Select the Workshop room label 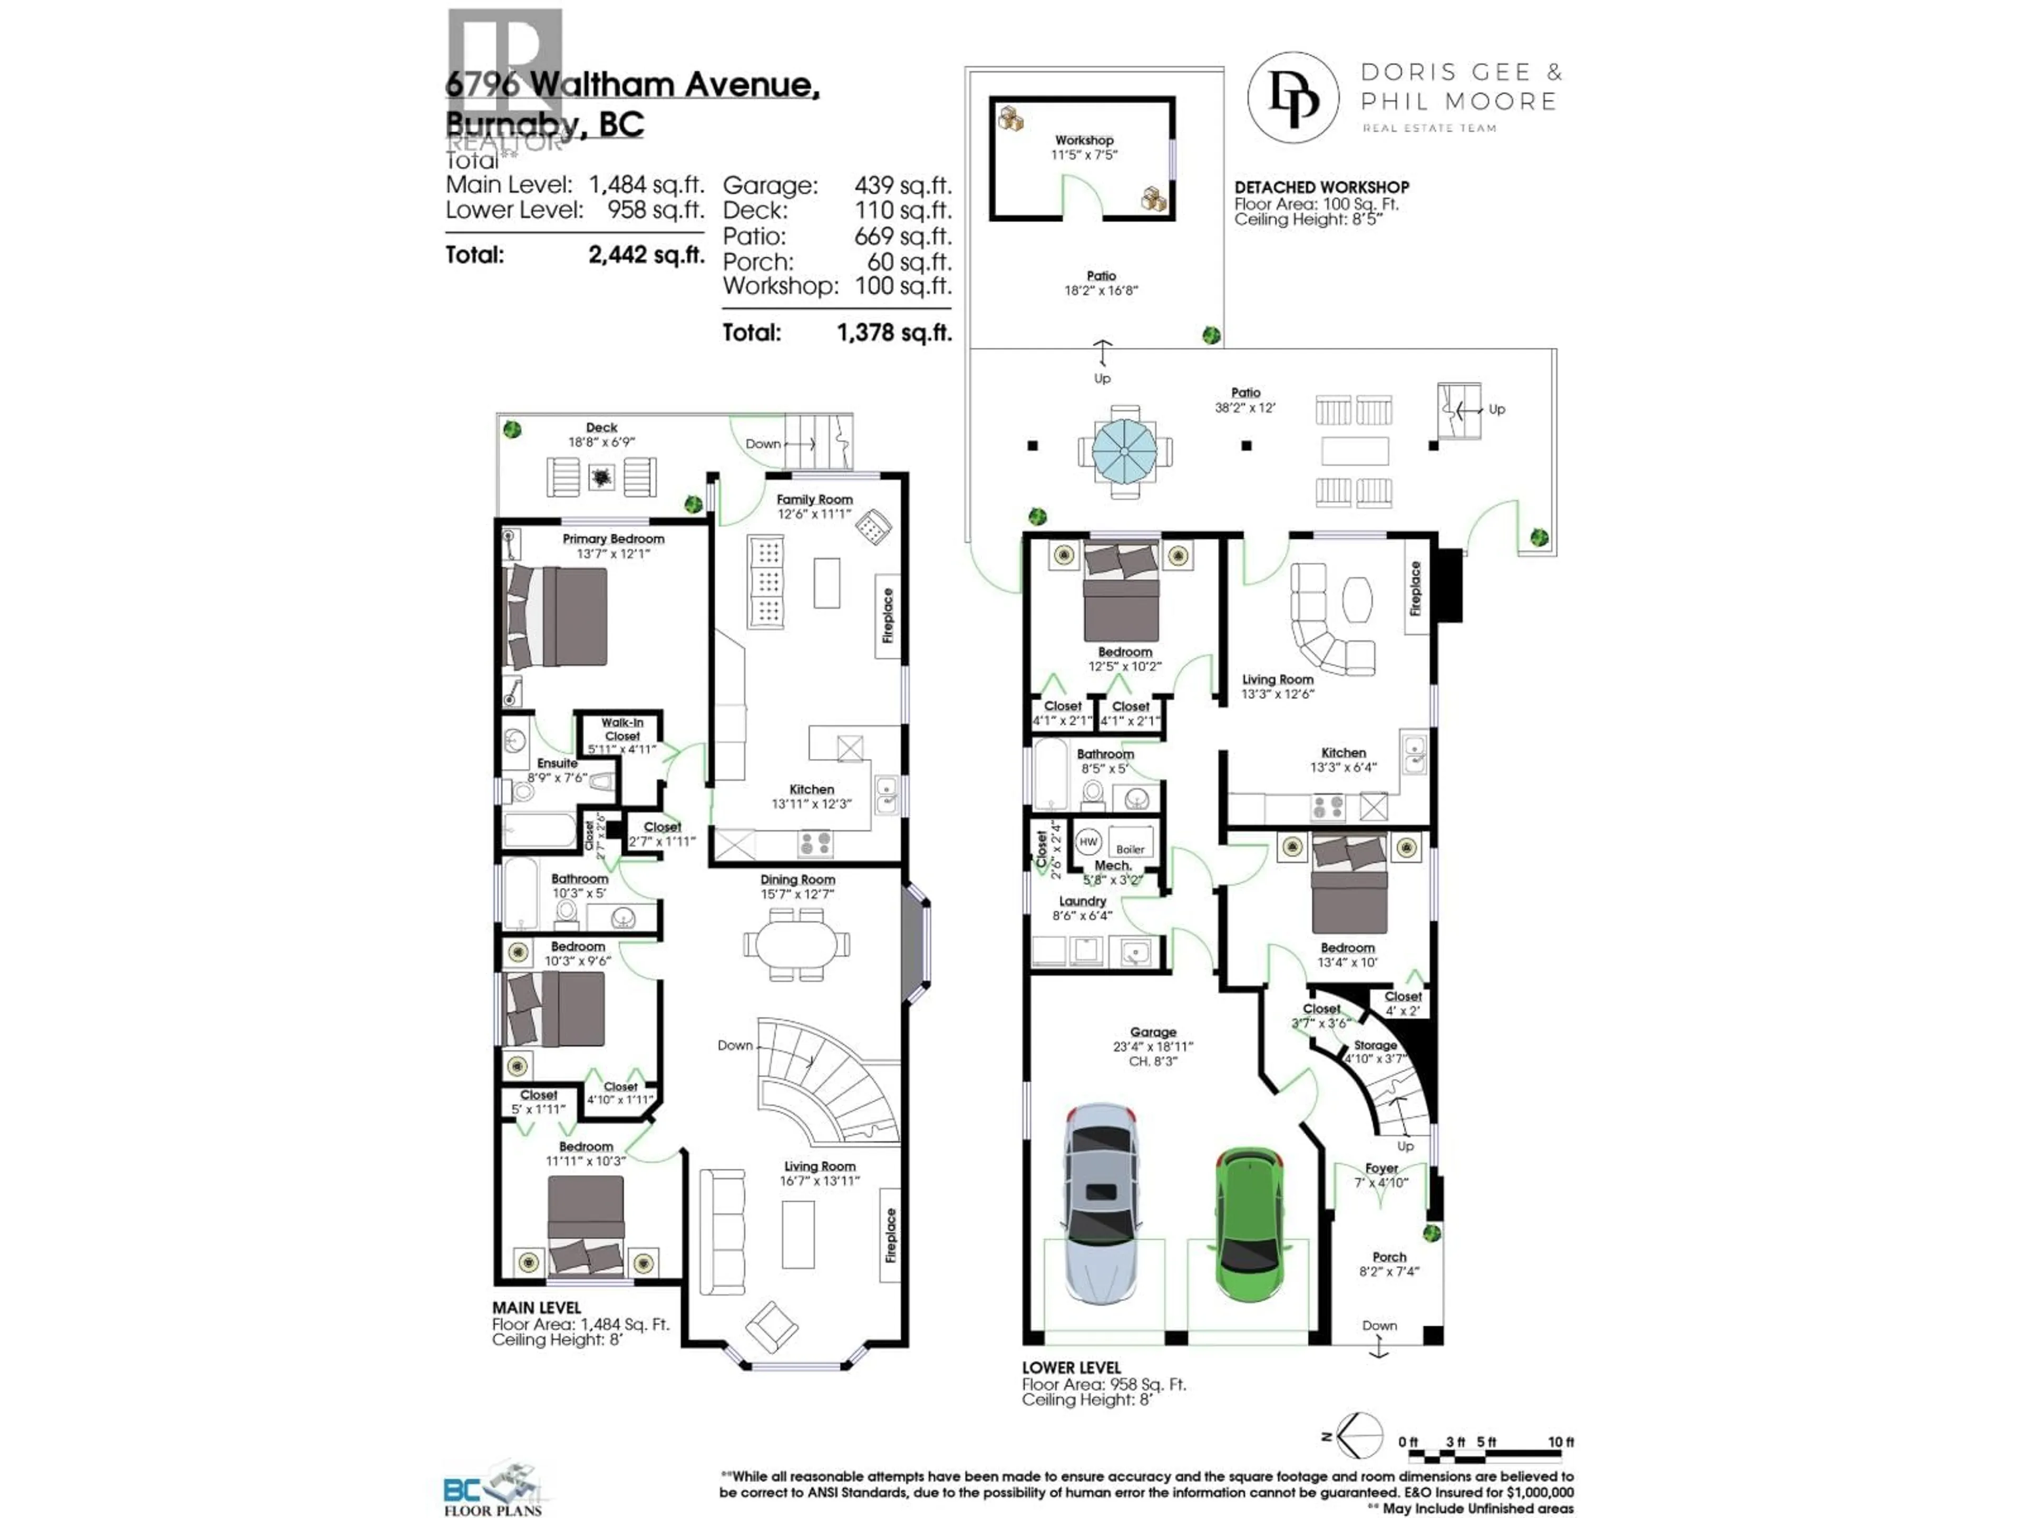tap(1084, 140)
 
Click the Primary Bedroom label tap(613, 539)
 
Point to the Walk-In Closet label tap(622, 729)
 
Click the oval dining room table tap(796, 943)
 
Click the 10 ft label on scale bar tap(1560, 1442)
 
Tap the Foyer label tap(1381, 1169)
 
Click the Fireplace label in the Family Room tap(887, 615)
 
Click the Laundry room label tap(1083, 901)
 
